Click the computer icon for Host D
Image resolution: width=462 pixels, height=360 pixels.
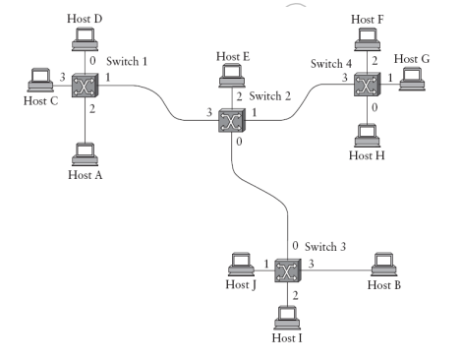coord(82,37)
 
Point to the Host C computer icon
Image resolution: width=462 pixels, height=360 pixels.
coord(40,78)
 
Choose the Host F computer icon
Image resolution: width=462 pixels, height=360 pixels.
coord(369,37)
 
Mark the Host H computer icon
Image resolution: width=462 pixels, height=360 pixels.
coord(369,133)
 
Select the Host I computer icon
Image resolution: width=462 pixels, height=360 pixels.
coord(287,317)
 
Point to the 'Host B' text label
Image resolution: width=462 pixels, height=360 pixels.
coord(384,285)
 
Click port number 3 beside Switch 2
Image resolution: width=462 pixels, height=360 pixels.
coord(208,113)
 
